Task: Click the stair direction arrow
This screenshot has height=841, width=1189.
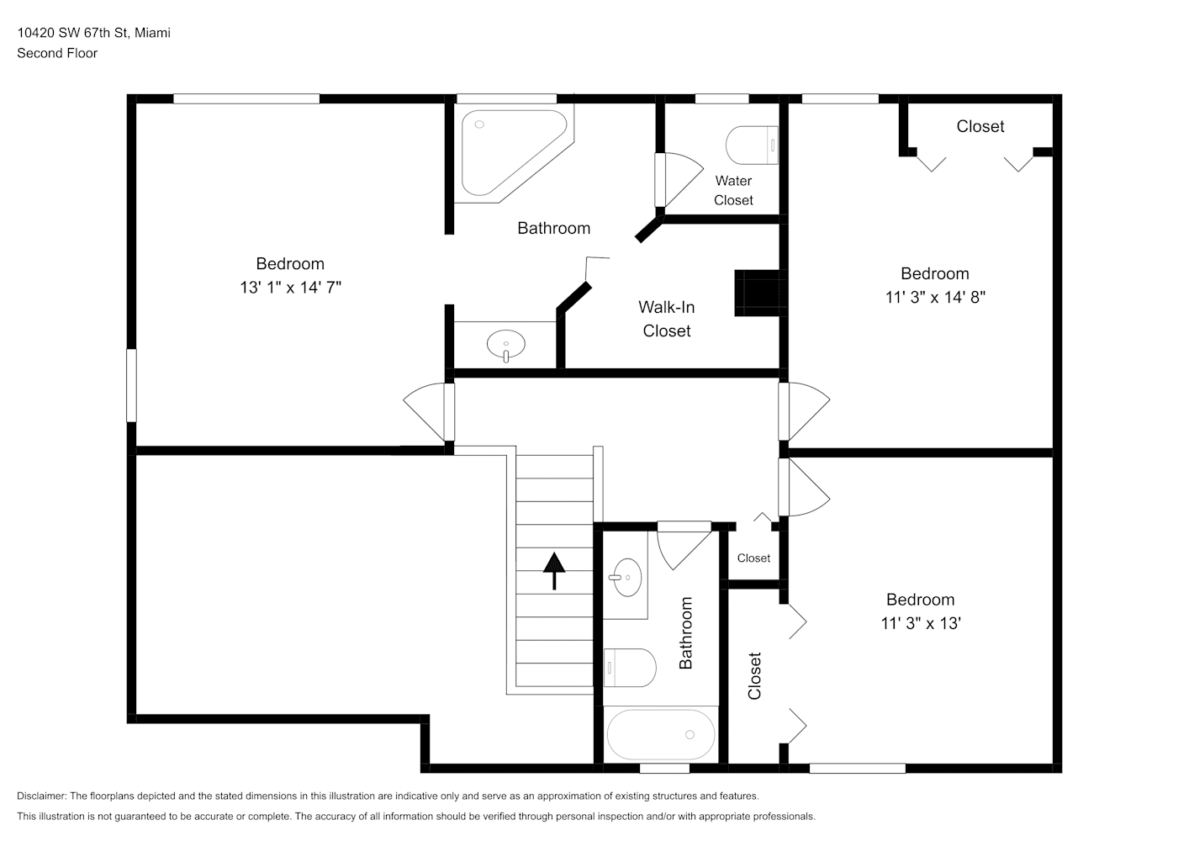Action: click(x=554, y=571)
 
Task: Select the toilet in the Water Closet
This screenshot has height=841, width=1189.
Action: click(x=752, y=145)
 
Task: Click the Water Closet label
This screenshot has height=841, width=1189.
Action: click(x=733, y=191)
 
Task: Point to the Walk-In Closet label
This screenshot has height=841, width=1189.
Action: click(x=667, y=319)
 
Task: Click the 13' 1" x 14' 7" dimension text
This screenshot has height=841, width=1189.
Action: click(x=290, y=288)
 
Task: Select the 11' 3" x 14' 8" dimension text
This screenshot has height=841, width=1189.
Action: click(x=935, y=297)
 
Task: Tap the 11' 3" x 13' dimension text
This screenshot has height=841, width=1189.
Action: click(x=921, y=623)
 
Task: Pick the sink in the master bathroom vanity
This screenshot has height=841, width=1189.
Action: click(x=506, y=345)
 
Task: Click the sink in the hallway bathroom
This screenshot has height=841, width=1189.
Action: click(x=626, y=577)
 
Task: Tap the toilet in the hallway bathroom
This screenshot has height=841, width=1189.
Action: click(x=630, y=668)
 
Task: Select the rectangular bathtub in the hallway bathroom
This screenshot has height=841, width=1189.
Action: click(x=661, y=735)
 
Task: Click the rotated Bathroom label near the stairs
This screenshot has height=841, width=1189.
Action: click(x=686, y=632)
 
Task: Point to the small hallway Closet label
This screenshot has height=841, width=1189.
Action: click(x=753, y=558)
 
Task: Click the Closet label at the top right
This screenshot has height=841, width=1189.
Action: click(x=980, y=126)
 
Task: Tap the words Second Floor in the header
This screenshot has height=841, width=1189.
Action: click(x=57, y=53)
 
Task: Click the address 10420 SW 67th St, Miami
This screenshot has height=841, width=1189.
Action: click(x=94, y=33)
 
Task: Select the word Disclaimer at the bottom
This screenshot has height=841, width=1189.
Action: click(x=41, y=796)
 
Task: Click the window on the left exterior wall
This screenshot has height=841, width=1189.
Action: click(x=131, y=385)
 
